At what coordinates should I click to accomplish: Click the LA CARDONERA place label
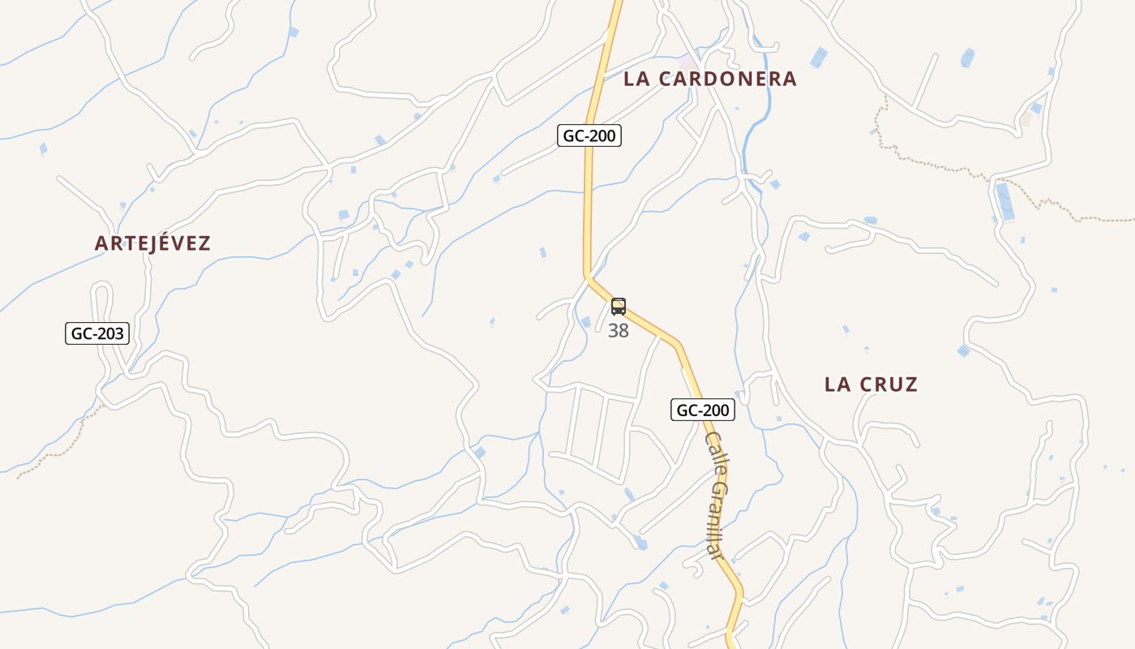710,79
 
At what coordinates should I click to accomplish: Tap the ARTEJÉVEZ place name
152,243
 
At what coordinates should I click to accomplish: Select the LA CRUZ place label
871,385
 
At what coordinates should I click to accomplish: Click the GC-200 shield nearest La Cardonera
589,135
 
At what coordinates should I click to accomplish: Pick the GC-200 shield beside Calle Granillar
703,410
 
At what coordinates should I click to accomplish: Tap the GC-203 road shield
97,333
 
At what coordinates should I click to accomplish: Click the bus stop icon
619,307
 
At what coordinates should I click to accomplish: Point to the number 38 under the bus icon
619,331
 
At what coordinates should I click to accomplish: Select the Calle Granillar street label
714,494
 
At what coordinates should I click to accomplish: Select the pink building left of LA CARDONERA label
687,61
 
